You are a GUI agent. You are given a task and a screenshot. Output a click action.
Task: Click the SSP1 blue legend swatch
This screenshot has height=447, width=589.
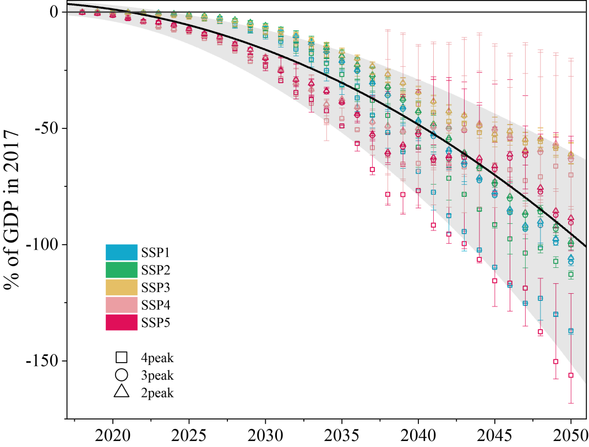(121, 252)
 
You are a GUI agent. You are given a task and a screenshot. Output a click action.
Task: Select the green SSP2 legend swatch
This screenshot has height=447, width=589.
(121, 270)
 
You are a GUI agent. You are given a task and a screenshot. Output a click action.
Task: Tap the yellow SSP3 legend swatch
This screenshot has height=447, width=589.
(121, 287)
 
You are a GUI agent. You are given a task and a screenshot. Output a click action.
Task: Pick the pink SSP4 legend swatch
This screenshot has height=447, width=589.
(121, 305)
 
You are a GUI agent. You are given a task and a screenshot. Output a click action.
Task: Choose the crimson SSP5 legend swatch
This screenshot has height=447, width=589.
(121, 322)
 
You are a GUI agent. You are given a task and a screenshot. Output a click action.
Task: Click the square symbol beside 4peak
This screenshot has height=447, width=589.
(122, 357)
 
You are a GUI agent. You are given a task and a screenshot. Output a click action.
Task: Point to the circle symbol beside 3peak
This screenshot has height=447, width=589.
(122, 375)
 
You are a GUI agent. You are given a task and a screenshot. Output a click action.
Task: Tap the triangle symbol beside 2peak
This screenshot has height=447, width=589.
(122, 392)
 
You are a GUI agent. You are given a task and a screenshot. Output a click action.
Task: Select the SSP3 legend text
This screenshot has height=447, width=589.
(156, 288)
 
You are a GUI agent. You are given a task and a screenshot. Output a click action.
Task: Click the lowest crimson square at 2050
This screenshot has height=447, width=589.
(571, 375)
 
